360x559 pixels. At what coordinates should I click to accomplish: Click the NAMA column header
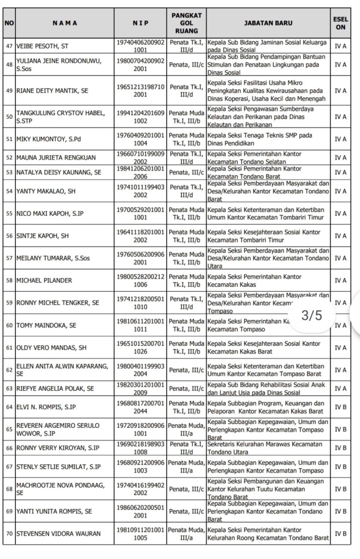pos(64,23)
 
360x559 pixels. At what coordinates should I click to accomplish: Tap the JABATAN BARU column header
pos(268,23)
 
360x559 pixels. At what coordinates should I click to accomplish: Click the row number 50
pos(9,116)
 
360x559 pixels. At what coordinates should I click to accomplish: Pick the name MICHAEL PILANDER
pos(44,280)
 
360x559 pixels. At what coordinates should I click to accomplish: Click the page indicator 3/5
pos(312,316)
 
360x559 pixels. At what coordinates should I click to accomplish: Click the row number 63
pos(9,389)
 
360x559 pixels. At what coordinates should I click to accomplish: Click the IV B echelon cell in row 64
pos(340,407)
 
